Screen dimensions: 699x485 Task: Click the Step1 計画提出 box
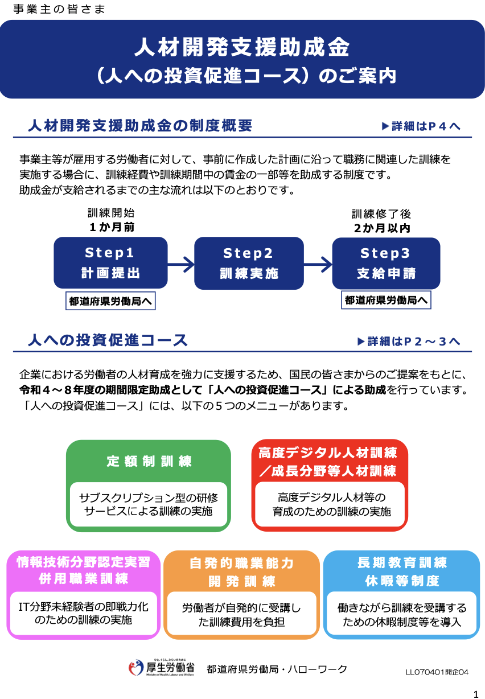tap(110, 262)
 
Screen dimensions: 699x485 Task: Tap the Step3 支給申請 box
tap(386, 263)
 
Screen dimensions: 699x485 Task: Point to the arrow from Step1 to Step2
tap(181, 264)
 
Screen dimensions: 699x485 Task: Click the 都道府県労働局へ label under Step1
tap(110, 302)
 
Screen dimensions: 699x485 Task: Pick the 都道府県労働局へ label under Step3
tap(387, 300)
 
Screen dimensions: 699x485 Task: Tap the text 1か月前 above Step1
tap(111, 227)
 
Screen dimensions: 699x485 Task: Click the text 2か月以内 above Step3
tap(381, 228)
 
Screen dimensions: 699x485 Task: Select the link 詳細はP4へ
tap(421, 126)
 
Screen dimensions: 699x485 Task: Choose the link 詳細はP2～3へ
tap(408, 341)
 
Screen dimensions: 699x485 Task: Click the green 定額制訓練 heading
tap(149, 462)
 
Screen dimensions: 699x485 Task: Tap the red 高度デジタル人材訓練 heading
tap(327, 462)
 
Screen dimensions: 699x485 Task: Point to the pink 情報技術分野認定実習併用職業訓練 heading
tap(83, 570)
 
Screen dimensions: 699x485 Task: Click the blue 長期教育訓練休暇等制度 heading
tap(402, 571)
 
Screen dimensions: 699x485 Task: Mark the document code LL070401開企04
tap(437, 672)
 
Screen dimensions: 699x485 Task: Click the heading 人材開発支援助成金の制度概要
tap(140, 126)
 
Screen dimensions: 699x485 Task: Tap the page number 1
tap(476, 693)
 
